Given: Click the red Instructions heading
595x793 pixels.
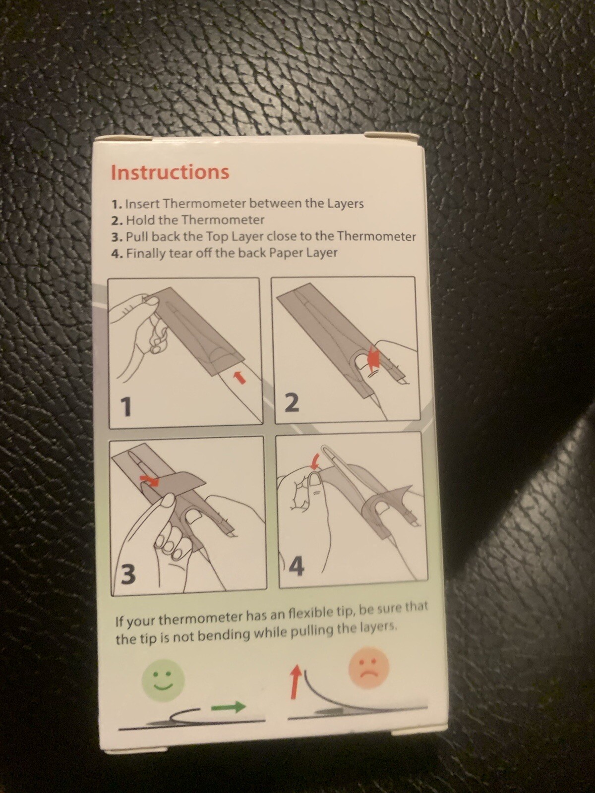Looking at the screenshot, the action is pyautogui.click(x=170, y=172).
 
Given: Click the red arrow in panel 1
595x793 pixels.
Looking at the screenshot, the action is pyautogui.click(x=239, y=377).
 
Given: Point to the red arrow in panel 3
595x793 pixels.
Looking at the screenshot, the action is pyautogui.click(x=148, y=479).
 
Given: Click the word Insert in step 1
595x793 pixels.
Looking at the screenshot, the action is pyautogui.click(x=141, y=204).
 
